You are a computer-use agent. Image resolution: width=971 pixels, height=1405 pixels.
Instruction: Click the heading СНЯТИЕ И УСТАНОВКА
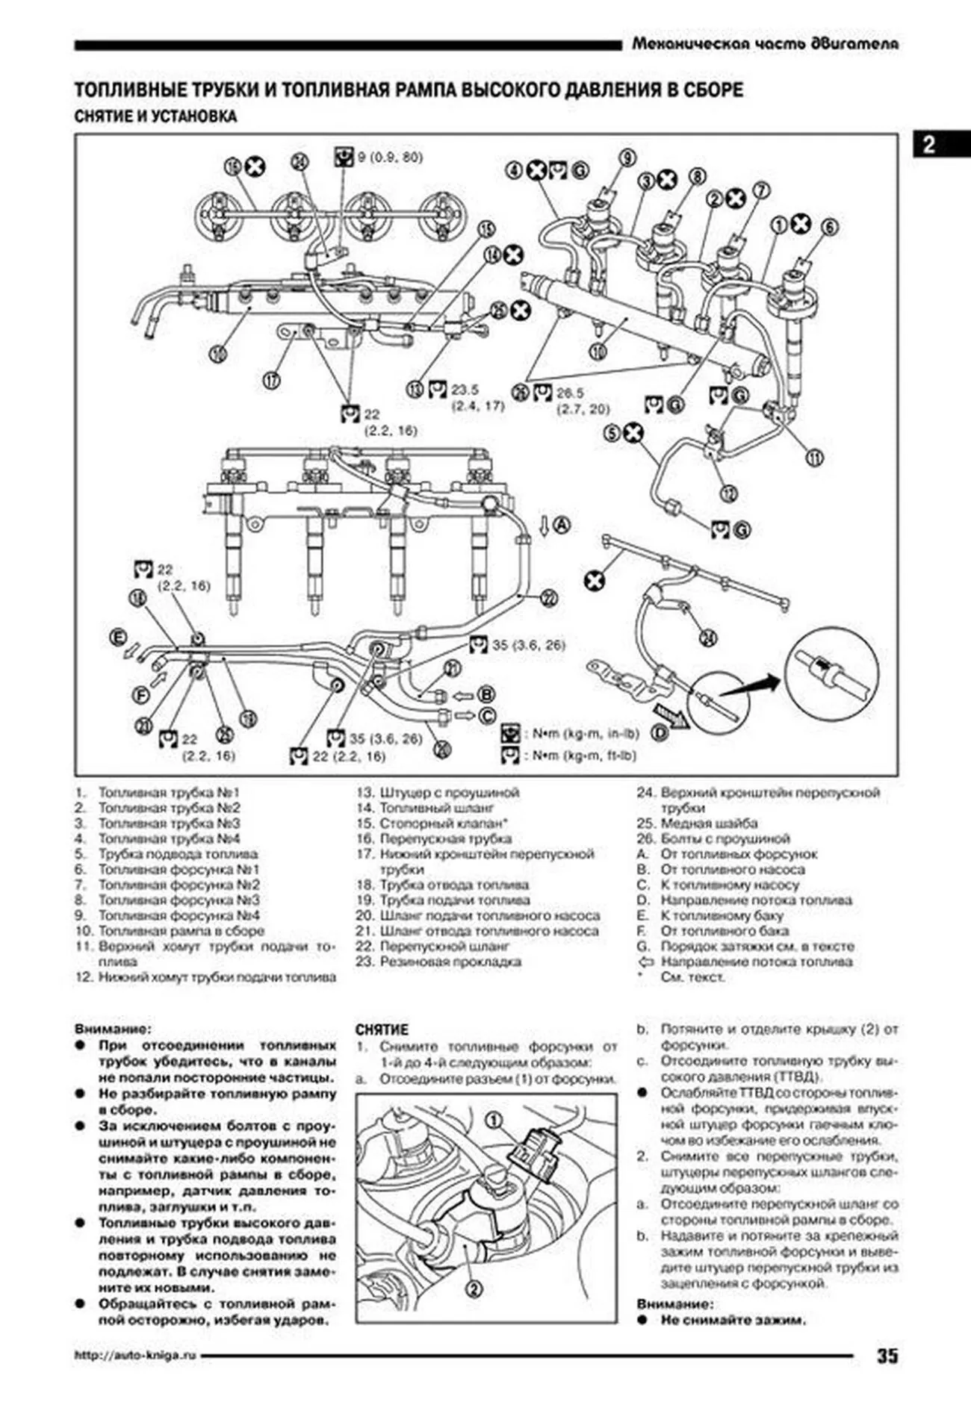(x=155, y=116)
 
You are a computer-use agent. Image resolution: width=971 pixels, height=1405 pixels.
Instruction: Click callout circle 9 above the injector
(x=627, y=158)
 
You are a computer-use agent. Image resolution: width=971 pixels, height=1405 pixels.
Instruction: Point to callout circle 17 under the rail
(x=272, y=380)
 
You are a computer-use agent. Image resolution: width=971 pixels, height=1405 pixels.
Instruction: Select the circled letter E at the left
(x=118, y=637)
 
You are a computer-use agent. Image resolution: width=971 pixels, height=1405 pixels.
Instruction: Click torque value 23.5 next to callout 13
(x=465, y=389)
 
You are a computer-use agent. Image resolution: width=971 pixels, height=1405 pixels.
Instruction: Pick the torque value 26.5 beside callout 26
(x=570, y=393)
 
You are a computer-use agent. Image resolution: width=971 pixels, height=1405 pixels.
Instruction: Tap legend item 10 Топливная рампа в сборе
(x=181, y=931)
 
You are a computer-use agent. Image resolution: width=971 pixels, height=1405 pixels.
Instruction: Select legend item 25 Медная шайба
(x=708, y=823)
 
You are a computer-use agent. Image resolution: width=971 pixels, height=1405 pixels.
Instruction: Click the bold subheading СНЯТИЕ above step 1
(x=382, y=1029)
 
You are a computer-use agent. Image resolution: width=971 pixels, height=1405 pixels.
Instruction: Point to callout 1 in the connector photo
(x=493, y=1119)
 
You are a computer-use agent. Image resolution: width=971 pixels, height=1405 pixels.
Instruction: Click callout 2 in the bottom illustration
(x=474, y=1288)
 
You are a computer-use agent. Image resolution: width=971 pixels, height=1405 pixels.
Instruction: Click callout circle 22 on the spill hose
(x=549, y=597)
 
